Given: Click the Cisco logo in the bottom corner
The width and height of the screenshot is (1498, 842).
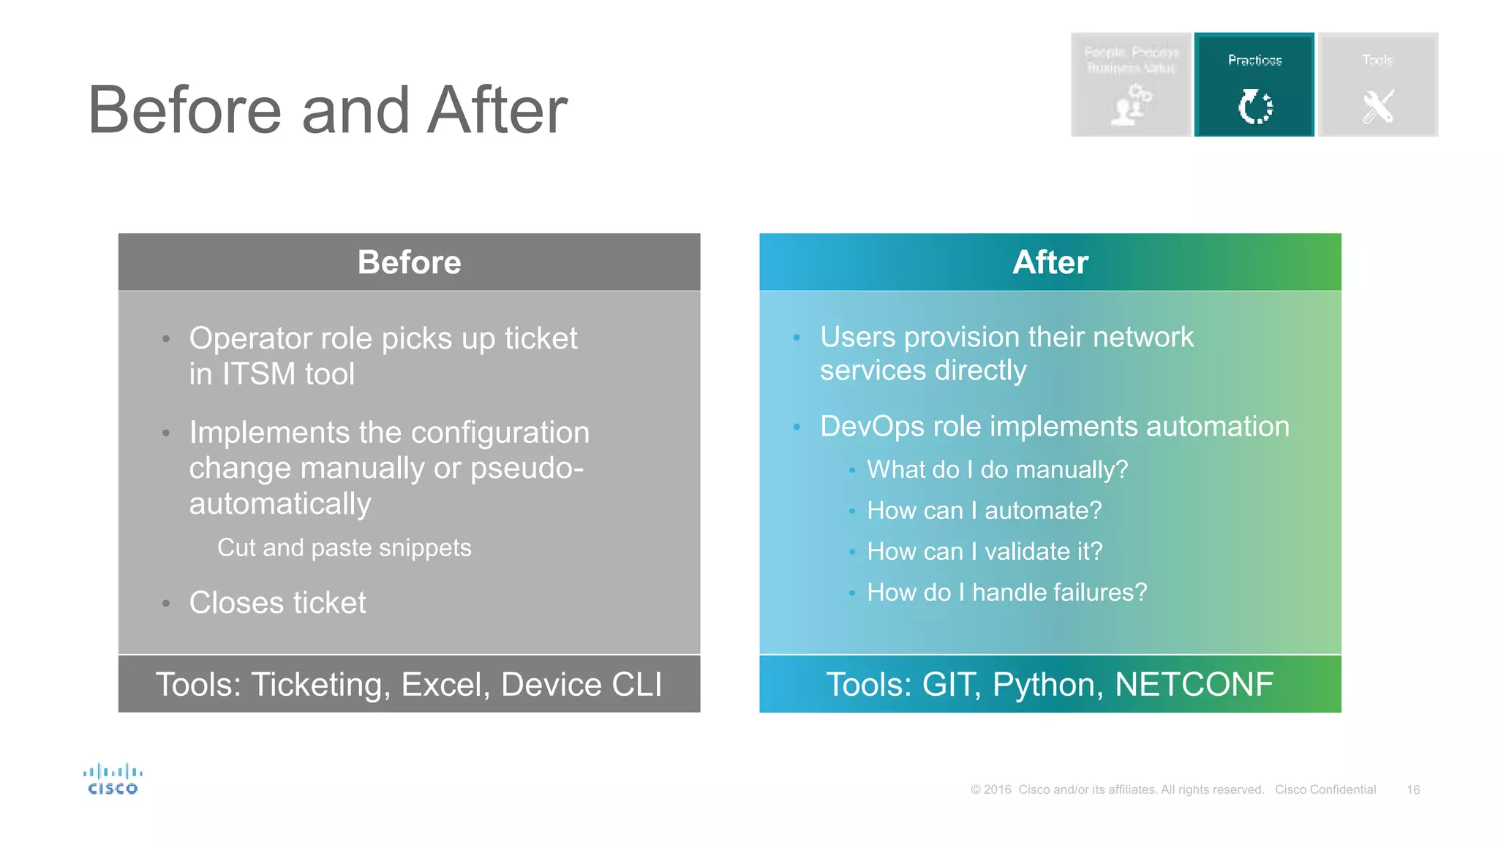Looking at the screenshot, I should [112, 779].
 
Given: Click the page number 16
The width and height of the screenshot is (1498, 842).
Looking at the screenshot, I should [1412, 789].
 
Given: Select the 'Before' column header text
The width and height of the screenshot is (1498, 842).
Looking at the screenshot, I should [409, 262].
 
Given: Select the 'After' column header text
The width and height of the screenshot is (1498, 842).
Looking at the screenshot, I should [1050, 262].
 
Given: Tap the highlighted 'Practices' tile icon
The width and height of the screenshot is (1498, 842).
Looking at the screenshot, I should [1254, 107].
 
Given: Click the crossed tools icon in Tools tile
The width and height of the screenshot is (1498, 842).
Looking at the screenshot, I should [1377, 107].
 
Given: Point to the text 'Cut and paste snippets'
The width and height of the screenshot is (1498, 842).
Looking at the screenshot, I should [344, 547].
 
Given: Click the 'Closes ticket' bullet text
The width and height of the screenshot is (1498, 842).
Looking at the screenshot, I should [277, 603].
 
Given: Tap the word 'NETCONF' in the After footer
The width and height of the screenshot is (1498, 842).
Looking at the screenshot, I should [1194, 685].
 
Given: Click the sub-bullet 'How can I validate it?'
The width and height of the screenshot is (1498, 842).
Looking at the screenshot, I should [984, 551].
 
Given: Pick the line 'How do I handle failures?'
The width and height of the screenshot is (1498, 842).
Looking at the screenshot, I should [1006, 592].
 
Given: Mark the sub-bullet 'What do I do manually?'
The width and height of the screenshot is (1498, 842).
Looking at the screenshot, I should [997, 469].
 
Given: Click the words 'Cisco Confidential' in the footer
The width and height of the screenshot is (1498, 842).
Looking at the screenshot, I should [1325, 789].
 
